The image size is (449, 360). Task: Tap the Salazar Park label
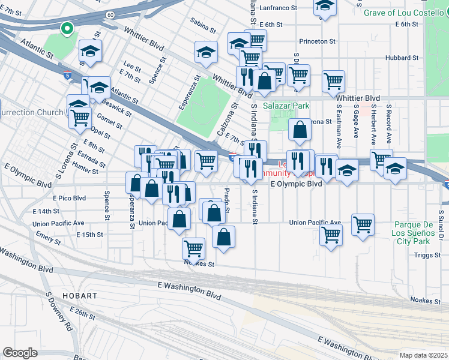pyautogui.click(x=286, y=106)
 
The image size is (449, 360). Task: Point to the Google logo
pyautogui.click(x=20, y=352)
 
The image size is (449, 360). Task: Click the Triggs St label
pyautogui.click(x=427, y=254)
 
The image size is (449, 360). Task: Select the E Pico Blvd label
pyautogui.click(x=70, y=197)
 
